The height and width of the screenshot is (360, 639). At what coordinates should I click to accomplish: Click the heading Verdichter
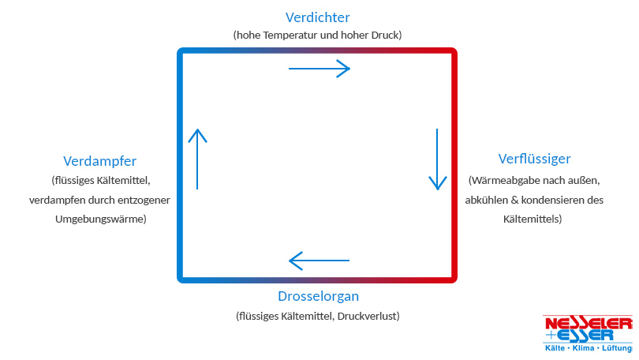click(317, 17)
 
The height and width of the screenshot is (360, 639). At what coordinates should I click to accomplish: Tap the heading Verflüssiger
click(534, 159)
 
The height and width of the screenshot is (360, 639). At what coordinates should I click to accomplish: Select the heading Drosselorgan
click(318, 297)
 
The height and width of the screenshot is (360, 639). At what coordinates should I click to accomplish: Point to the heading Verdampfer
click(99, 161)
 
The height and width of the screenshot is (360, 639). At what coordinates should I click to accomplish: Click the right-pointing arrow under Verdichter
click(319, 69)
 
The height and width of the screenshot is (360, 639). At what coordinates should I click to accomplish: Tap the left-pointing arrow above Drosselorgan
click(319, 260)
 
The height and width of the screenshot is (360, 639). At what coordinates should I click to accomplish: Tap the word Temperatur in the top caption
click(290, 35)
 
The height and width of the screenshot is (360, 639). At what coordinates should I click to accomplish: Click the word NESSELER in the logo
click(588, 323)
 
